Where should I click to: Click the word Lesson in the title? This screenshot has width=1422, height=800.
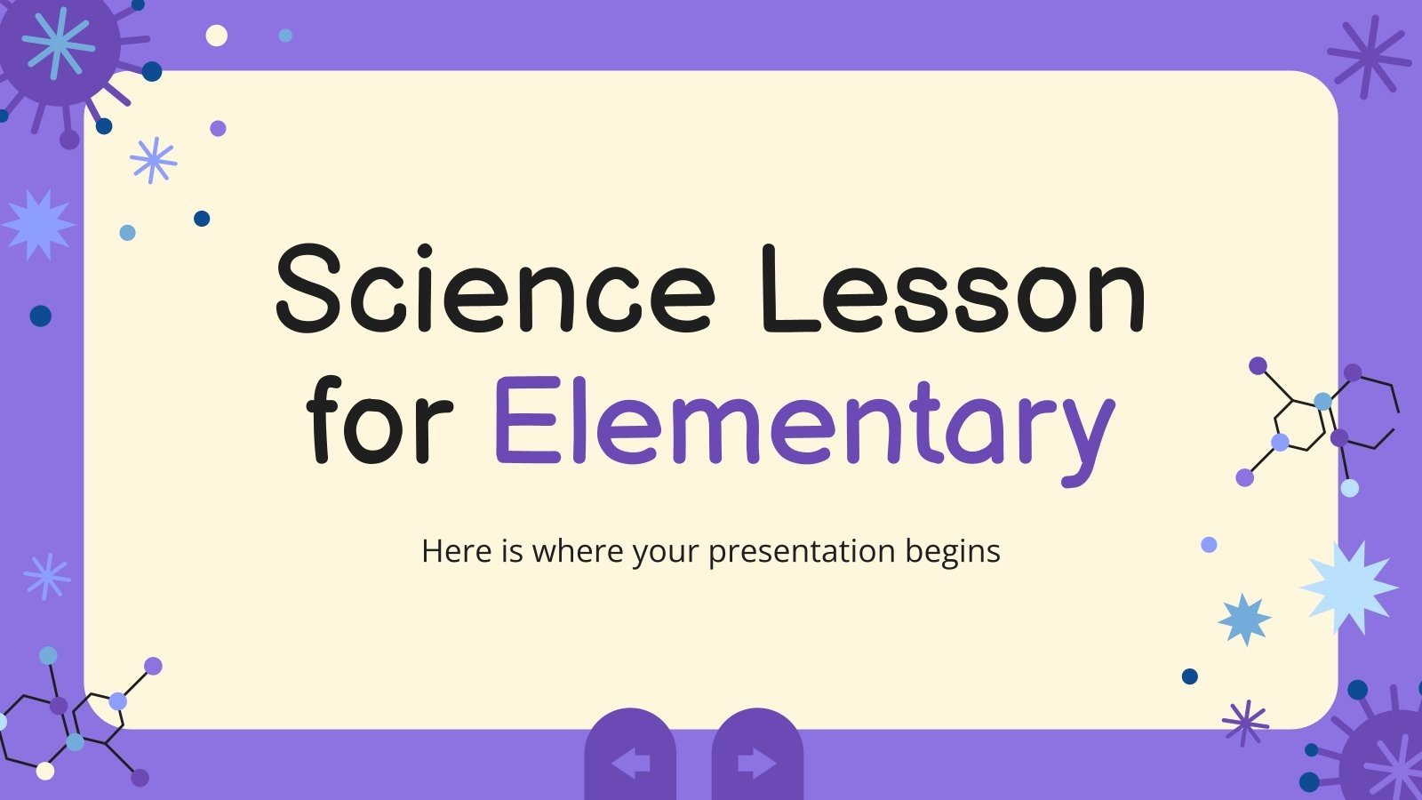coord(952,289)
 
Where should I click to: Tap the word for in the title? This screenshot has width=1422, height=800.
coord(381,420)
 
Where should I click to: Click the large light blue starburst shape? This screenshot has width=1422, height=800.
coord(1348,586)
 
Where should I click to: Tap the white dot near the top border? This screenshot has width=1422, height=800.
coord(216,36)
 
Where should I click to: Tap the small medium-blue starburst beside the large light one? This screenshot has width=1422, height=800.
coord(1244,619)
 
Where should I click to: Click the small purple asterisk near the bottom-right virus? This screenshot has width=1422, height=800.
coord(1245,722)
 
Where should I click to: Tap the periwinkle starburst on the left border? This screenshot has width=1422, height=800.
coord(38,224)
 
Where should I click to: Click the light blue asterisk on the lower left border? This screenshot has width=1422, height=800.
coord(46,576)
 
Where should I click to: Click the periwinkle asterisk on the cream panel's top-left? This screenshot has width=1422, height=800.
coord(153,160)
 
